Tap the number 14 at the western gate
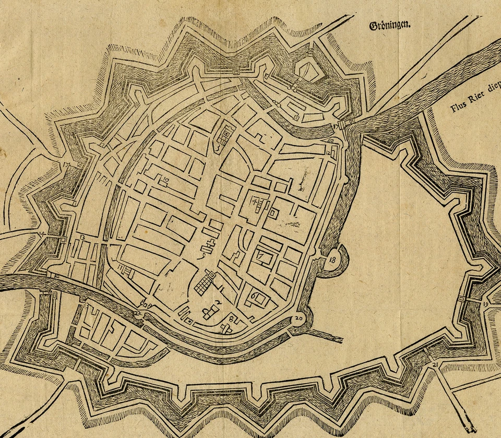click(x=42, y=233)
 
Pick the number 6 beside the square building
click(x=253, y=296)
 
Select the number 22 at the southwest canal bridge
click(x=137, y=313)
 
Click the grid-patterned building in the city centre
click(x=205, y=282)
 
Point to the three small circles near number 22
click(x=146, y=304)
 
